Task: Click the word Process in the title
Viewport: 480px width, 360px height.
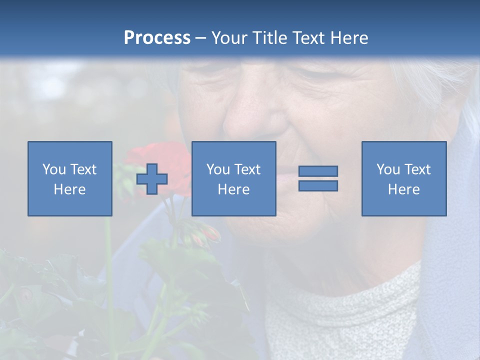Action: (157, 38)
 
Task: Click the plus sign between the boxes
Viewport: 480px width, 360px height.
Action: (152, 179)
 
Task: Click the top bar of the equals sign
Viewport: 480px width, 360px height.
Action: (318, 171)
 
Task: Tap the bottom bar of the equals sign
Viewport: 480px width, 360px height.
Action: (318, 185)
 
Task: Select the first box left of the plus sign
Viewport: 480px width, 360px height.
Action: (70, 178)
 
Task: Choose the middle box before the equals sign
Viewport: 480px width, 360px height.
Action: (233, 178)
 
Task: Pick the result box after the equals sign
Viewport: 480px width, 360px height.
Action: (403, 178)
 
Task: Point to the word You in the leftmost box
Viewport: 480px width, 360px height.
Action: (54, 169)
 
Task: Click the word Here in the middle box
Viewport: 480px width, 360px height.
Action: (233, 189)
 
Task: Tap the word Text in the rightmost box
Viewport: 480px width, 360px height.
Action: (418, 169)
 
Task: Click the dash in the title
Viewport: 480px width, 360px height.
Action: (200, 38)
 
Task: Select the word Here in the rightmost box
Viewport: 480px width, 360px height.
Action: (403, 189)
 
